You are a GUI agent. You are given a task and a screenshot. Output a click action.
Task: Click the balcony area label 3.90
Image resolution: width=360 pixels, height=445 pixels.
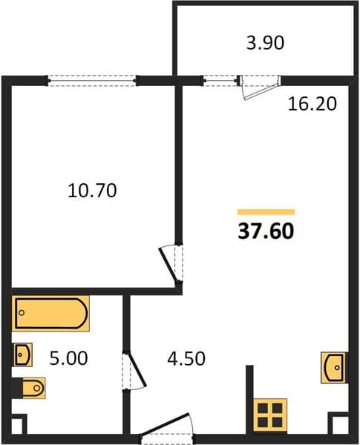tap(265, 43)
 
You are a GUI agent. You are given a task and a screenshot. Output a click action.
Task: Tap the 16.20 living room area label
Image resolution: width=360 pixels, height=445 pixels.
tap(312, 104)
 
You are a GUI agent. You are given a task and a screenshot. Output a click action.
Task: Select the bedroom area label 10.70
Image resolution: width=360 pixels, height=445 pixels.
tap(92, 191)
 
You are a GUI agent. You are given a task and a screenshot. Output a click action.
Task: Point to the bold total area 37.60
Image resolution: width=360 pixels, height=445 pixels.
tap(266, 231)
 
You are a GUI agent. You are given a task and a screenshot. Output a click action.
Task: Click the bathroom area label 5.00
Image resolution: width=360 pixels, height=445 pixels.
tap(68, 358)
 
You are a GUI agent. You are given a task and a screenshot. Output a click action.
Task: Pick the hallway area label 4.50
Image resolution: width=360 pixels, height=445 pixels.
tap(186, 358)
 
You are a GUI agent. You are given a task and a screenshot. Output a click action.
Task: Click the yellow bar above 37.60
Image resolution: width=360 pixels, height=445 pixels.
tap(266, 212)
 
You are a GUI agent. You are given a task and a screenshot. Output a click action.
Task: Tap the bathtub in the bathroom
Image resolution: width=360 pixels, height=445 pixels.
tap(51, 313)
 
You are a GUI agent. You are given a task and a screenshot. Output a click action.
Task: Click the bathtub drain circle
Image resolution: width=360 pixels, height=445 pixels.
tap(22, 313)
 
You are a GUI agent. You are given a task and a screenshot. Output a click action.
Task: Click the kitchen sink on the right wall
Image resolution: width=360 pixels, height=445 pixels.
tap(333, 368)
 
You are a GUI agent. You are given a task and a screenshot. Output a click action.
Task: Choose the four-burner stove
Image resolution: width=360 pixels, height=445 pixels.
tap(270, 415)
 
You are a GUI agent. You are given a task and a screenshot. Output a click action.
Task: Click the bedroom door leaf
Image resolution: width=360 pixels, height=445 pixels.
tap(169, 264)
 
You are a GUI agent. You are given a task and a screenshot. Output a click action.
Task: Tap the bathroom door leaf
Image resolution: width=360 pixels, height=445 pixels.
tap(136, 369)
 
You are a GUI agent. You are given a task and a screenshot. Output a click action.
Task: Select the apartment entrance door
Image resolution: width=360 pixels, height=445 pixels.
tap(166, 424)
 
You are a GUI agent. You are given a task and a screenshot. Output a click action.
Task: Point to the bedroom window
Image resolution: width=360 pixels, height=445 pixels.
tap(92, 81)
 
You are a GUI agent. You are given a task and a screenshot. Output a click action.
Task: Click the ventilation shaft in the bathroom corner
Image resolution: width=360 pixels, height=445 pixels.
tap(19, 424)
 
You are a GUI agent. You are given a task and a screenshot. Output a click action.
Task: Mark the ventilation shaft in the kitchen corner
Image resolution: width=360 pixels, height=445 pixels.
tap(338, 423)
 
